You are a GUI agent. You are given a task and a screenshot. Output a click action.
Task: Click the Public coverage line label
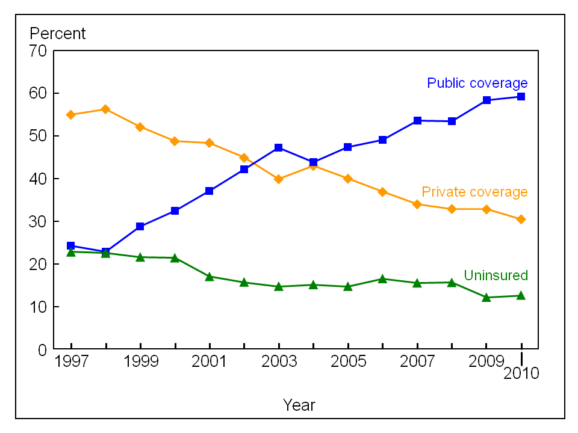[x=477, y=83]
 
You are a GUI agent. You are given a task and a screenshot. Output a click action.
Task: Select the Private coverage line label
[x=474, y=192]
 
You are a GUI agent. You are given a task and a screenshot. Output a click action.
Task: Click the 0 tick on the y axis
[x=43, y=349]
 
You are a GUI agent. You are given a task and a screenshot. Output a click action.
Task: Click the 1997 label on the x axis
[x=71, y=362]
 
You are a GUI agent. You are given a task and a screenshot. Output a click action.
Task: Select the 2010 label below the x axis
[x=521, y=373]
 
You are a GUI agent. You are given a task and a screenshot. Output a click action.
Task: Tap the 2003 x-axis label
[x=279, y=362]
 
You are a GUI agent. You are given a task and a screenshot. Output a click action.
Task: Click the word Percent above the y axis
[x=58, y=34]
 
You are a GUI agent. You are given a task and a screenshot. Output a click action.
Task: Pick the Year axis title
[x=299, y=405]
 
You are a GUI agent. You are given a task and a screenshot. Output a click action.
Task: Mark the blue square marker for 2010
[x=521, y=96]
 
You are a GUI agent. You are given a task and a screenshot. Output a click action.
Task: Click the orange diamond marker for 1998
[x=105, y=109]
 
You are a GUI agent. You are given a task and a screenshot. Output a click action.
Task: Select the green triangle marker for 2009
[x=486, y=297]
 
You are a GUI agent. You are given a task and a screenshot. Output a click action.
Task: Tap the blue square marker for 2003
[x=279, y=147]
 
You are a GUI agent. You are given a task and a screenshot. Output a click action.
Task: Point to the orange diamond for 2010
[x=521, y=219]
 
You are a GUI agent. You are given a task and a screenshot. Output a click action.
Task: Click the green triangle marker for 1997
[x=71, y=252]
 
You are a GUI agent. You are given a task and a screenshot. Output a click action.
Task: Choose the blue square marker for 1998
[x=105, y=252]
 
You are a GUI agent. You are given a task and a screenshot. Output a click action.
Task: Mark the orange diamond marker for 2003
[x=279, y=179]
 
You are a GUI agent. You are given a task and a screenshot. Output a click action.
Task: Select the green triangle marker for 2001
[x=210, y=277]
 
